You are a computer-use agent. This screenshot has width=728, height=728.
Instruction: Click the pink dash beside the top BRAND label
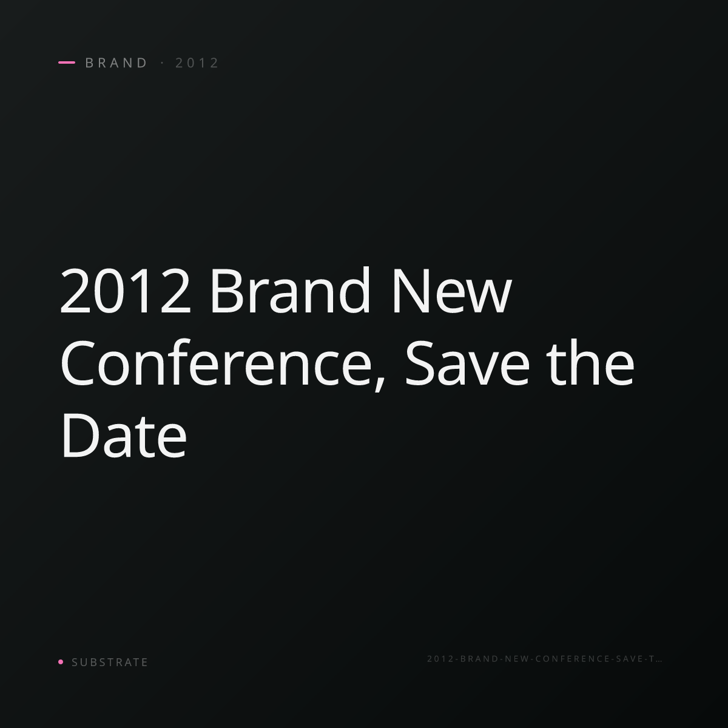point(67,62)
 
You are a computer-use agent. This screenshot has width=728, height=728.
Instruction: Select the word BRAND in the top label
point(116,63)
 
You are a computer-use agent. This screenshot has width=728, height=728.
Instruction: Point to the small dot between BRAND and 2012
point(163,63)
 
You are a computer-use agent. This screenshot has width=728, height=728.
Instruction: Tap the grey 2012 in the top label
point(197,63)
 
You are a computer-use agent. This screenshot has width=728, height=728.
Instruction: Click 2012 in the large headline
point(125,290)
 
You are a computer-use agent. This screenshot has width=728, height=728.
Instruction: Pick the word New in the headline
point(452,290)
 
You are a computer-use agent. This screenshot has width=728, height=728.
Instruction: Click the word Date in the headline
point(124,434)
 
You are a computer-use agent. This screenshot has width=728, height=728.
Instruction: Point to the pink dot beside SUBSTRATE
point(61,661)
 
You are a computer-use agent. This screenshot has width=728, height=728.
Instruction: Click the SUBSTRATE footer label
point(110,662)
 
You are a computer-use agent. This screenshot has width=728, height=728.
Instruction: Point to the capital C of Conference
point(77,363)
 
